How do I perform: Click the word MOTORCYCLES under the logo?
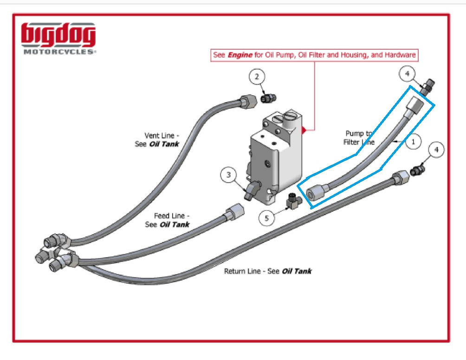point(59,52)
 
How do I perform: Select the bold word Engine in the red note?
point(239,55)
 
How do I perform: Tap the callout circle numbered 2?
point(257,77)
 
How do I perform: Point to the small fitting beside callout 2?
point(268,98)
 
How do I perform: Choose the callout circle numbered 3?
point(228,175)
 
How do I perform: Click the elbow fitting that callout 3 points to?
point(251,190)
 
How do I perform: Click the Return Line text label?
point(268,271)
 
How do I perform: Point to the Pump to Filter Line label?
point(359,137)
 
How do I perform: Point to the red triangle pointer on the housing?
point(304,128)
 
